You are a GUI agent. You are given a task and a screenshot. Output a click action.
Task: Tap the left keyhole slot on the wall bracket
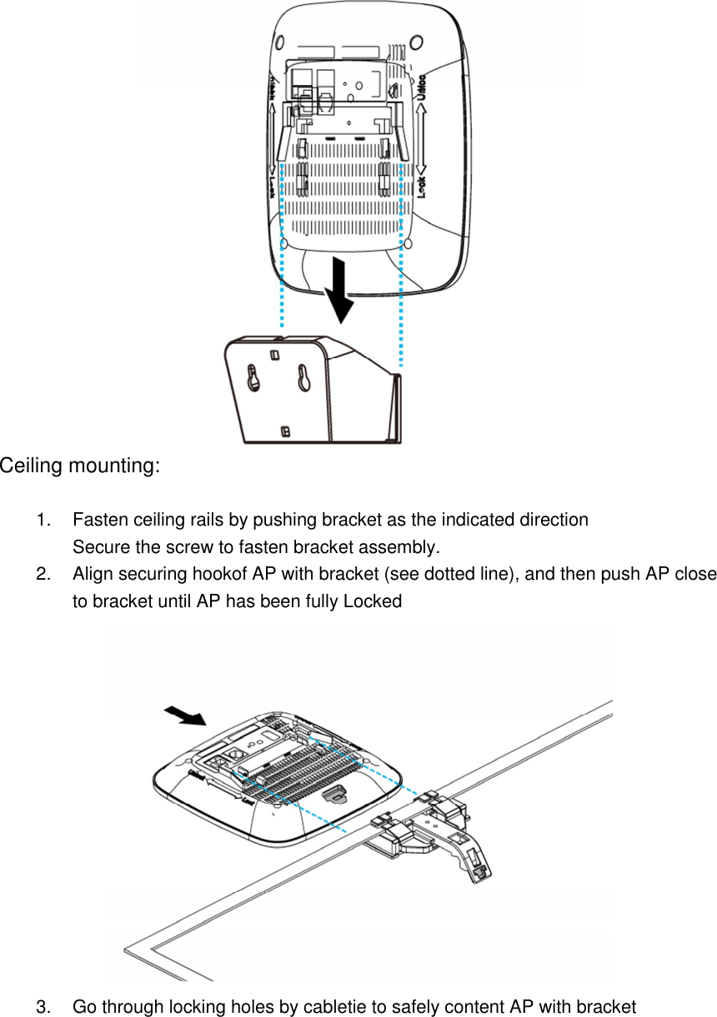pyautogui.click(x=253, y=379)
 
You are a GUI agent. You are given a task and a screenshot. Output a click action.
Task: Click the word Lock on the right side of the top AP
pyautogui.click(x=422, y=187)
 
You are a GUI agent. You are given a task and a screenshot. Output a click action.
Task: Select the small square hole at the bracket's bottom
pyautogui.click(x=285, y=431)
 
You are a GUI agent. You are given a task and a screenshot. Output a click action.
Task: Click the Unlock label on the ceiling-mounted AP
pyautogui.click(x=198, y=775)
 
